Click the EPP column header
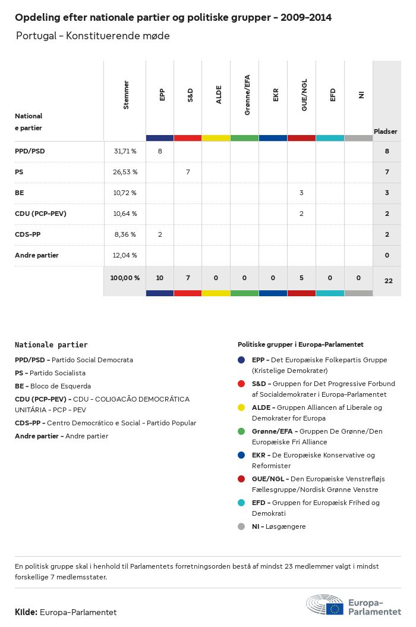click(x=162, y=95)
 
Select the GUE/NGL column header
click(x=304, y=98)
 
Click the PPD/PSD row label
click(x=30, y=151)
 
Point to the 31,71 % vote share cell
click(x=125, y=151)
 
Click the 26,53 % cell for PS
click(x=125, y=172)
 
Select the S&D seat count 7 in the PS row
click(x=188, y=172)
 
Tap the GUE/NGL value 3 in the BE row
click(x=301, y=193)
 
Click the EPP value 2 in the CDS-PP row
click(x=160, y=234)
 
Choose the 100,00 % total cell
click(x=125, y=278)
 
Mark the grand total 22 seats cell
click(x=388, y=280)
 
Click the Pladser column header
click(x=386, y=131)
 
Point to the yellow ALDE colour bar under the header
click(x=216, y=138)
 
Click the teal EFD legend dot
click(x=241, y=503)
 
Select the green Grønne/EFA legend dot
click(x=241, y=431)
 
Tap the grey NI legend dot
click(x=241, y=526)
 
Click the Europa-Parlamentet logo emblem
click(x=324, y=606)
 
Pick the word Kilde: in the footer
click(x=26, y=612)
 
